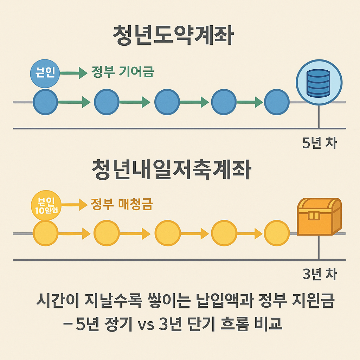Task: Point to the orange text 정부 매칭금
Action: [x=121, y=204]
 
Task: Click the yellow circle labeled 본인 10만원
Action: [x=46, y=205]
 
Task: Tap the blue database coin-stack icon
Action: [x=319, y=83]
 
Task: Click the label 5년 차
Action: [x=319, y=143]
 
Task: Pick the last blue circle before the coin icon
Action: [x=277, y=102]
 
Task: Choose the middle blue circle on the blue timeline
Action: [x=167, y=102]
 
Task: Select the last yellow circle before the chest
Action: [x=277, y=233]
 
